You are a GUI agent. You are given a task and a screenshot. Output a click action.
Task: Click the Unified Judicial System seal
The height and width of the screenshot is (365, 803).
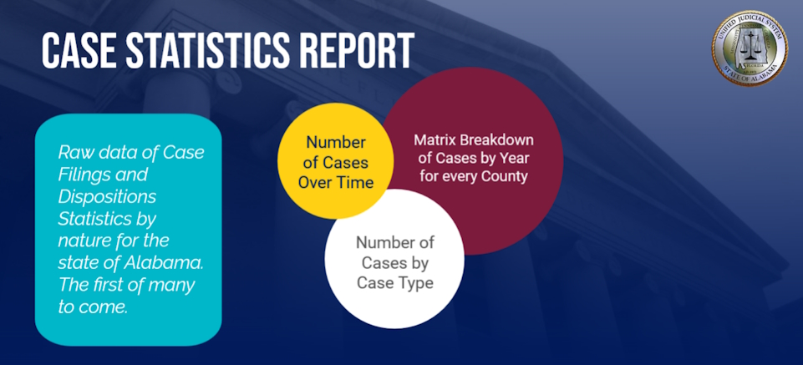click(x=750, y=48)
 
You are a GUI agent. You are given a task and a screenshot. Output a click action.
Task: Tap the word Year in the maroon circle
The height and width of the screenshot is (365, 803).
click(x=516, y=159)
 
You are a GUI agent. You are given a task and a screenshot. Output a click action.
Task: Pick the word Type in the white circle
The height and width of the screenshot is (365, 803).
click(x=414, y=283)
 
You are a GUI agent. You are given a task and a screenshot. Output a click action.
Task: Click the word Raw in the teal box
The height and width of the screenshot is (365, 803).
click(x=71, y=153)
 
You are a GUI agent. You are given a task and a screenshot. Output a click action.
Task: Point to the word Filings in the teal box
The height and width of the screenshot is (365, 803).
click(x=82, y=175)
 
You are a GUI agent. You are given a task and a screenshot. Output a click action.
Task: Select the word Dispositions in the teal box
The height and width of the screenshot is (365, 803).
click(x=107, y=196)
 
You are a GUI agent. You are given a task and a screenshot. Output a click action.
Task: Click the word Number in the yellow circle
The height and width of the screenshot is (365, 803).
click(x=336, y=141)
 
